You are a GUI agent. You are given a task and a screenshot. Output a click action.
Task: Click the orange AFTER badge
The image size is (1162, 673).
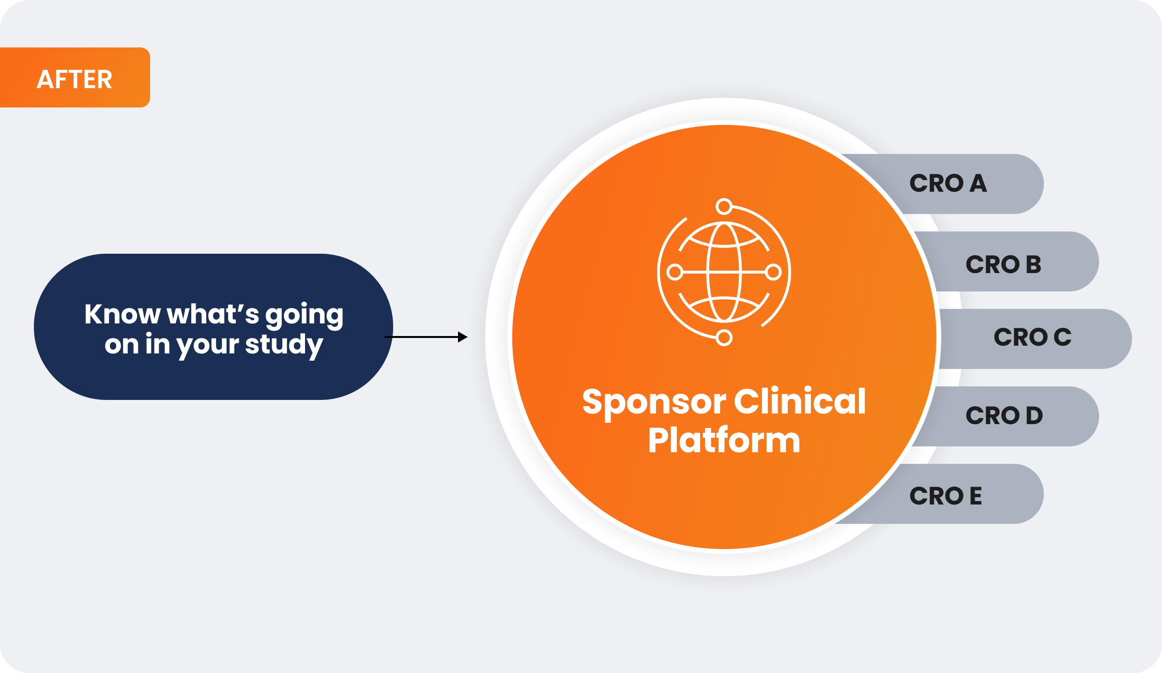[75, 78]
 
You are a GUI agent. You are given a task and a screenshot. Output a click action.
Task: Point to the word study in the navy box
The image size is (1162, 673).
[284, 345]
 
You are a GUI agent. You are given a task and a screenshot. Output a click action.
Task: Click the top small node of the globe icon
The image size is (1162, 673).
[724, 207]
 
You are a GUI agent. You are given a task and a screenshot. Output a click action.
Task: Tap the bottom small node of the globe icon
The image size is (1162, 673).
[724, 338]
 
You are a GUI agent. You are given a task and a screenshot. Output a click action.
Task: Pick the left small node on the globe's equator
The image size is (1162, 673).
[674, 272]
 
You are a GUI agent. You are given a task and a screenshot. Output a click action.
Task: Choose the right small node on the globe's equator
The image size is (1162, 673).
[774, 272]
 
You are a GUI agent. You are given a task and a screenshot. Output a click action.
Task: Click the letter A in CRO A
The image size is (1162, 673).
[978, 184]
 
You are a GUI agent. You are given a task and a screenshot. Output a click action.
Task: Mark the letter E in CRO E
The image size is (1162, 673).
[975, 496]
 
